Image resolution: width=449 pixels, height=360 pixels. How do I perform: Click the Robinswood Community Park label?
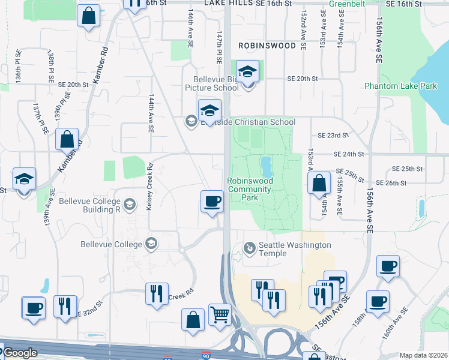pos(250,188)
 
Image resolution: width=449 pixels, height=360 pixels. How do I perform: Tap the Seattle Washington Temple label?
pos(294,245)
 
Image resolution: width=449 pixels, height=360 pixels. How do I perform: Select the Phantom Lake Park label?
pos(393,86)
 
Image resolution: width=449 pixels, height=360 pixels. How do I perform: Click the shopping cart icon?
pos(220,314)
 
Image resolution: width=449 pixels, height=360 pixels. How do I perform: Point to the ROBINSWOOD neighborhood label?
pos(267,46)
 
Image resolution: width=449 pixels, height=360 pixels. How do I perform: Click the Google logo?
pos(20,353)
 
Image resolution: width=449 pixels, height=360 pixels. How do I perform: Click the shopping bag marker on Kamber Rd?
pos(67,139)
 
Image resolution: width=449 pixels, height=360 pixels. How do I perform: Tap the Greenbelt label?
pos(348,4)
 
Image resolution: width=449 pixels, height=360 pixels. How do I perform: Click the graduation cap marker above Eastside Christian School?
pos(209,111)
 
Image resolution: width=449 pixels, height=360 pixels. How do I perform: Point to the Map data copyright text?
pos(423,355)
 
